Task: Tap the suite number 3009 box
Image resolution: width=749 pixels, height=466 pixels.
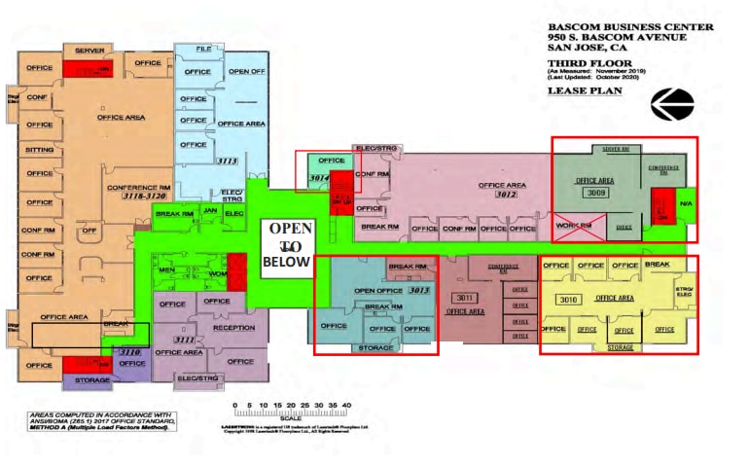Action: (595, 193)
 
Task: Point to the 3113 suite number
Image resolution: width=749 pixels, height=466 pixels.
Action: (229, 161)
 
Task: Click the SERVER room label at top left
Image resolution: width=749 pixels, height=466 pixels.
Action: (89, 51)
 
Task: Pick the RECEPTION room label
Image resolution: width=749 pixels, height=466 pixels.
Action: (233, 327)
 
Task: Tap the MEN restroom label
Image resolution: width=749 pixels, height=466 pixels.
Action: (166, 269)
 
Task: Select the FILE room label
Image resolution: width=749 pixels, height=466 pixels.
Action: (203, 49)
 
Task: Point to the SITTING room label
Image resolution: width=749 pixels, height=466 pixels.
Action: (40, 150)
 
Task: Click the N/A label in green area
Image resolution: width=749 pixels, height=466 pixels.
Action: (686, 204)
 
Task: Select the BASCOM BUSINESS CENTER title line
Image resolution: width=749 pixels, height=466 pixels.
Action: (616, 26)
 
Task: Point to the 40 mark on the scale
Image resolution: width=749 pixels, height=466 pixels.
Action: (346, 404)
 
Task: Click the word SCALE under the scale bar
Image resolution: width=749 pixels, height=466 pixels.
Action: (290, 419)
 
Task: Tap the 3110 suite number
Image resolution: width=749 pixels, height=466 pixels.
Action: (129, 352)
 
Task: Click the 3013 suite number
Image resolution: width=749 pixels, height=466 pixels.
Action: (419, 290)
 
